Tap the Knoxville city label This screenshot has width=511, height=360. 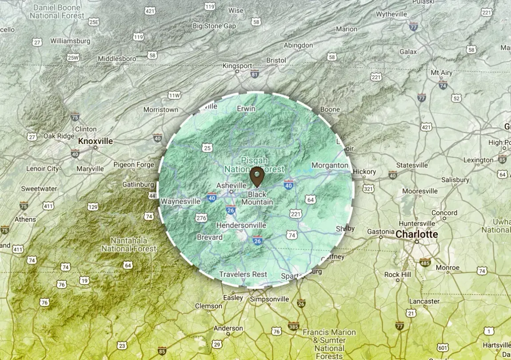pyautogui.click(x=96, y=141)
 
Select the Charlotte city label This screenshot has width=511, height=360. pyautogui.click(x=416, y=234)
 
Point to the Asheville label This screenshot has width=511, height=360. pyautogui.click(x=231, y=185)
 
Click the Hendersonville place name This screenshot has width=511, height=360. pyautogui.click(x=241, y=225)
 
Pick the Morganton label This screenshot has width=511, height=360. pyautogui.click(x=330, y=165)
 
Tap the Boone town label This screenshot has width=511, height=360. pyautogui.click(x=330, y=109)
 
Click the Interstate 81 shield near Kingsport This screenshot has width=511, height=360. pyautogui.click(x=255, y=74)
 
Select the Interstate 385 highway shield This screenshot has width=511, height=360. pyautogui.click(x=293, y=326)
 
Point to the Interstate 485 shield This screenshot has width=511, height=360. pyautogui.click(x=425, y=262)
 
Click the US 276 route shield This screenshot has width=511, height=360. pyautogui.click(x=201, y=218)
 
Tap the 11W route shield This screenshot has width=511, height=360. pyautogui.click(x=175, y=95)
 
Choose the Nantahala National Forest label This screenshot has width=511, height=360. pyautogui.click(x=129, y=244)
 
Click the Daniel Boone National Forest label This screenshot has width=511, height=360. pyautogui.click(x=57, y=12)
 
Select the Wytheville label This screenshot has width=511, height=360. pyautogui.click(x=391, y=14)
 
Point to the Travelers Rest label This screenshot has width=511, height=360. pyautogui.click(x=243, y=274)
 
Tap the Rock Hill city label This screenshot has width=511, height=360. pyautogui.click(x=398, y=275)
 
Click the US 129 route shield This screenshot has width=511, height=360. pyautogui.click(x=92, y=207)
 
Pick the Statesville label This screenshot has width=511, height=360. pyautogui.click(x=412, y=165)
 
